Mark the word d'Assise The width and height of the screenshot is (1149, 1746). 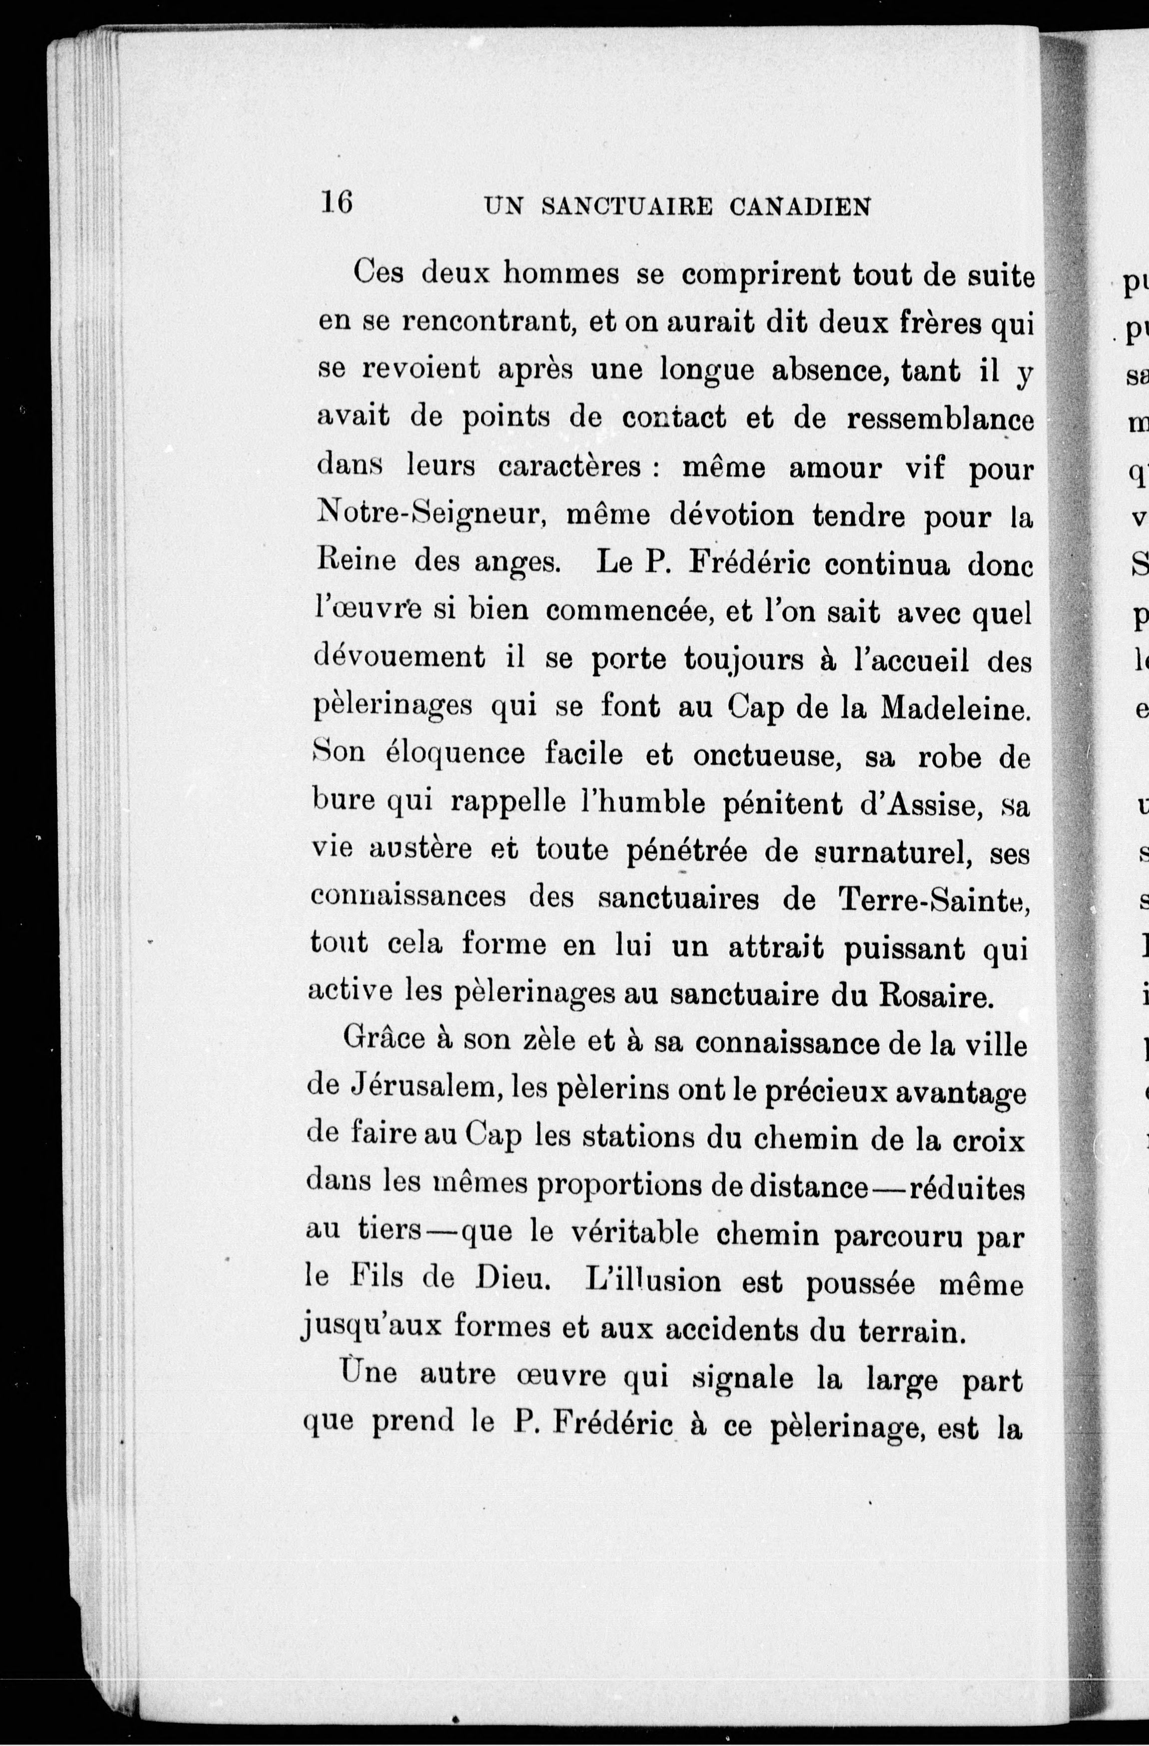(x=920, y=806)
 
